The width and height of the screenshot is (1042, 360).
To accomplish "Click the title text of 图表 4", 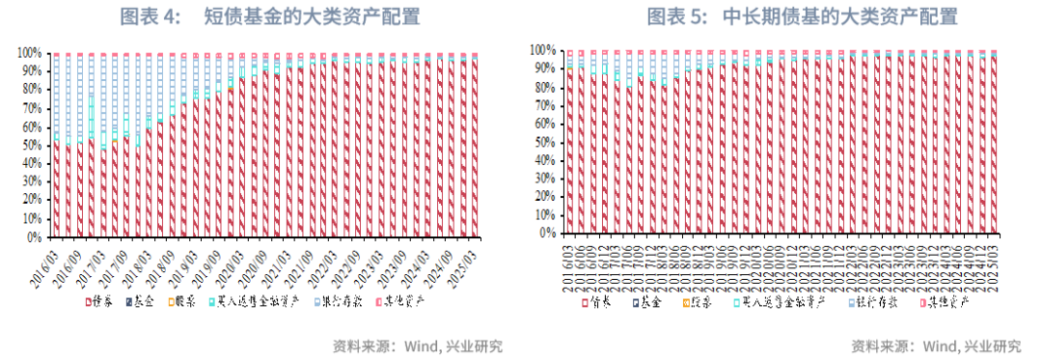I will click(x=261, y=16).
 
